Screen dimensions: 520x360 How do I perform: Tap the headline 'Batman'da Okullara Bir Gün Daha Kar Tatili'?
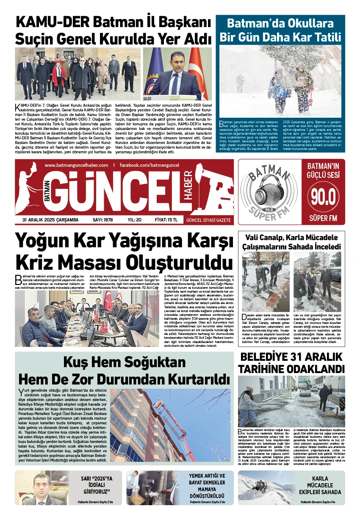point(280,30)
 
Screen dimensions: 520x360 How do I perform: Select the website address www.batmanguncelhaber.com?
point(76,165)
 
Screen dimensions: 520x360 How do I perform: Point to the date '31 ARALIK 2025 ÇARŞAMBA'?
point(50,220)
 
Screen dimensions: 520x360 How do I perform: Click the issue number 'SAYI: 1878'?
point(102,220)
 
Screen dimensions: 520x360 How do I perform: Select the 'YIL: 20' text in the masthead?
point(134,220)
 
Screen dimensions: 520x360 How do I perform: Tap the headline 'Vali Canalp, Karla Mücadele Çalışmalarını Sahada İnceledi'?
point(291,242)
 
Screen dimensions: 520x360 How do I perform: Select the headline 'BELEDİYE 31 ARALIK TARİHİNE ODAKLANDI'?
point(291,362)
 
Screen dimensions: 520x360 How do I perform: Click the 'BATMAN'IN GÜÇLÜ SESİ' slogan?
point(323,170)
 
